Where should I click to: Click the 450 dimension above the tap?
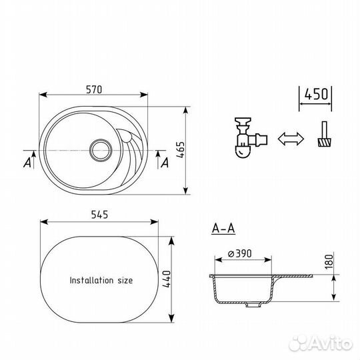pos(315,95)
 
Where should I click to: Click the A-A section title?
pos(223,229)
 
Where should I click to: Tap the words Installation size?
pos(101,281)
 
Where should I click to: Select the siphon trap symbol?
pos(247,139)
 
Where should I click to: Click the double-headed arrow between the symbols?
pos(291,139)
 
